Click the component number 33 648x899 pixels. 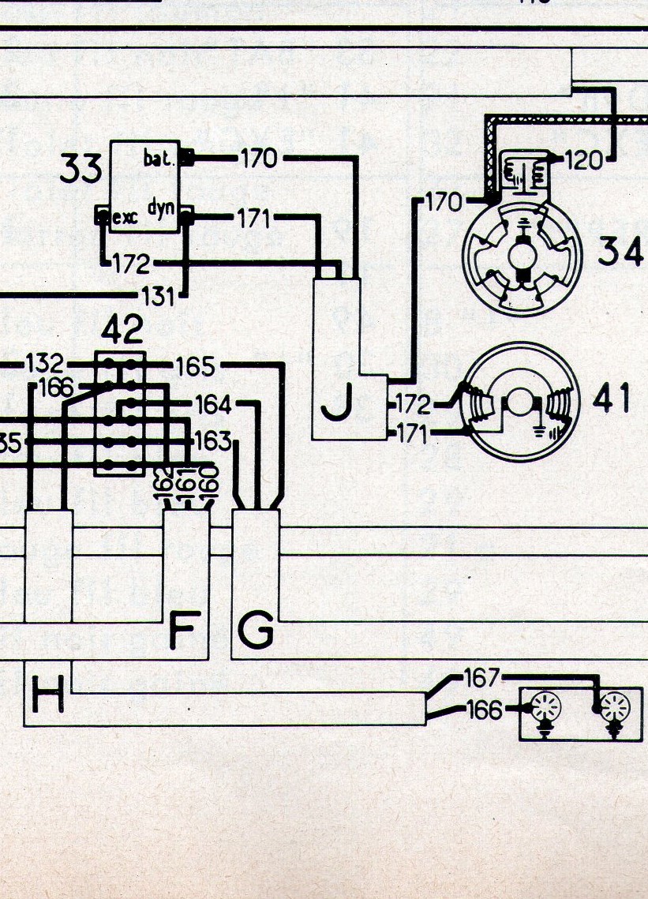pyautogui.click(x=81, y=170)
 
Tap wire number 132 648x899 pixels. pyautogui.click(x=45, y=365)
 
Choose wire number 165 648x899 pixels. pyautogui.click(x=195, y=366)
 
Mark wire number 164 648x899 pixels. pyautogui.click(x=213, y=405)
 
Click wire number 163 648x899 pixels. pyautogui.click(x=211, y=440)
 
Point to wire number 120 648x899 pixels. pyautogui.click(x=583, y=162)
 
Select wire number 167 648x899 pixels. pyautogui.click(x=481, y=678)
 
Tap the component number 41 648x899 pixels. pyautogui.click(x=612, y=401)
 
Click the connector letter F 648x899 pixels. pyautogui.click(x=182, y=631)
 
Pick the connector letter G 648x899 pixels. pyautogui.click(x=255, y=631)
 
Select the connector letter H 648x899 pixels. pyautogui.click(x=47, y=697)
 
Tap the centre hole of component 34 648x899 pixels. pyautogui.click(x=522, y=257)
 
